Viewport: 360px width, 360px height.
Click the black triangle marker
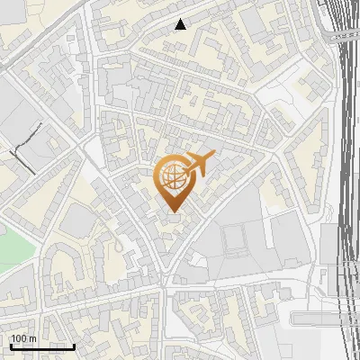(181, 24)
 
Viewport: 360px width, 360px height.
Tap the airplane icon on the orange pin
(200, 163)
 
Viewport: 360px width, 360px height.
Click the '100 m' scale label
(23, 338)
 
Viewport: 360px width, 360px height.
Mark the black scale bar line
(42, 346)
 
